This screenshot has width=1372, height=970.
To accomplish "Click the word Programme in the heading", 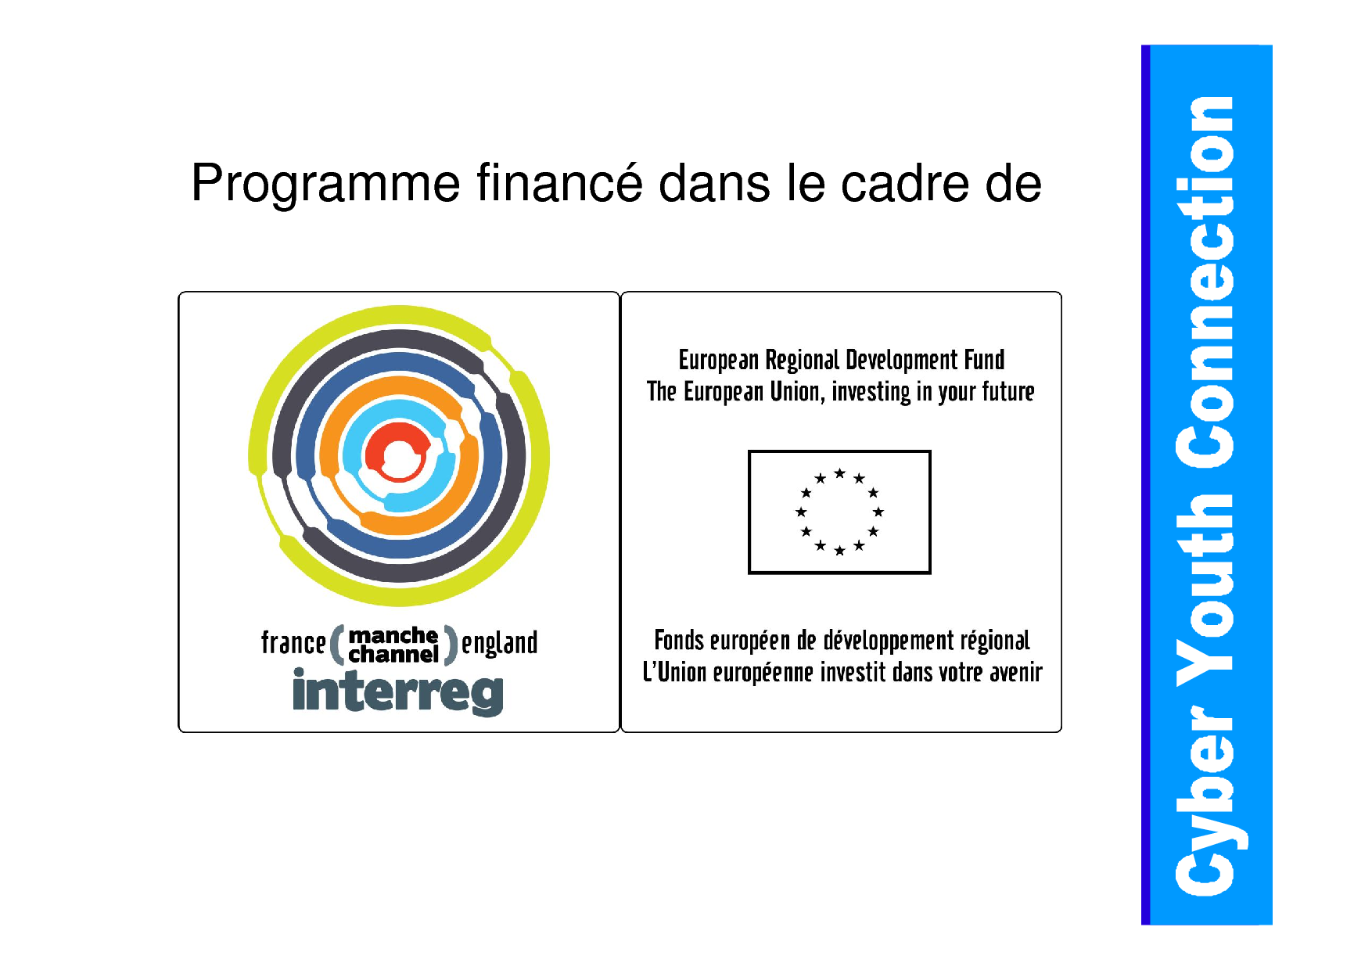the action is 326,185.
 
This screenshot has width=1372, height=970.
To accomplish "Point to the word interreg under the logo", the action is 398,692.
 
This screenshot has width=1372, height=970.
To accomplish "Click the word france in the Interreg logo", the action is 293,642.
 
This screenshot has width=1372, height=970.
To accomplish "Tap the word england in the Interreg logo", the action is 499,643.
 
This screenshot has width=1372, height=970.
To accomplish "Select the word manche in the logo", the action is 393,634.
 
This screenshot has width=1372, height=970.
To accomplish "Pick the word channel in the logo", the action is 393,654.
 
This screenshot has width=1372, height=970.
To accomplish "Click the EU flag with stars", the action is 839,512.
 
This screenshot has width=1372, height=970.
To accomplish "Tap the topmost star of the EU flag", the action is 839,473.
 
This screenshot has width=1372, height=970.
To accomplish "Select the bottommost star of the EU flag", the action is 839,551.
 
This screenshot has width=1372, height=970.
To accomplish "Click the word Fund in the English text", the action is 984,360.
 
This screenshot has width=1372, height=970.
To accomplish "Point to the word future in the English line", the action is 1009,391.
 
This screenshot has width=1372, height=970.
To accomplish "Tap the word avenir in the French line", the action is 1016,673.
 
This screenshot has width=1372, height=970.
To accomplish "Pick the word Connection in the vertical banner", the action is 1205,282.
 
